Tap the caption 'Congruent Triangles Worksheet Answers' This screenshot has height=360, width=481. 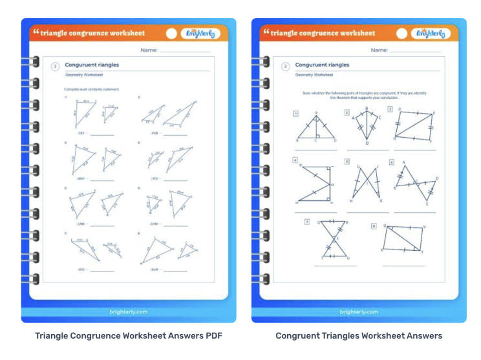pos(359,335)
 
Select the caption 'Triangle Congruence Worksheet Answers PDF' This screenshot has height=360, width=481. pos(129,335)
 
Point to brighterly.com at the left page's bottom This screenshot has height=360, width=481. pos(129,312)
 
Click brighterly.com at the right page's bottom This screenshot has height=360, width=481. pos(359,312)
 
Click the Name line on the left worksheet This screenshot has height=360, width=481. pos(185,51)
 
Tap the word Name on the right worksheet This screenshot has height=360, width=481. pos(379,50)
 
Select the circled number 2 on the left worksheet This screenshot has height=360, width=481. pos(56,66)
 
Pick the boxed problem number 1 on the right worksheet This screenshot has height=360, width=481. pos(295,114)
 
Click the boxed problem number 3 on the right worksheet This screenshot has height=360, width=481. pos(390,109)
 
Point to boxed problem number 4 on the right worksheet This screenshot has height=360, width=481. pos(295,160)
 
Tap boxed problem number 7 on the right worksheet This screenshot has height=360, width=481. pos(307,222)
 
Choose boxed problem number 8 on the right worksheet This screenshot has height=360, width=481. pos(374,226)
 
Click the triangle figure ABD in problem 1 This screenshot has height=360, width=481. pos(317,129)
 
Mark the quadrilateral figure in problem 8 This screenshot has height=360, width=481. pos(403,238)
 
